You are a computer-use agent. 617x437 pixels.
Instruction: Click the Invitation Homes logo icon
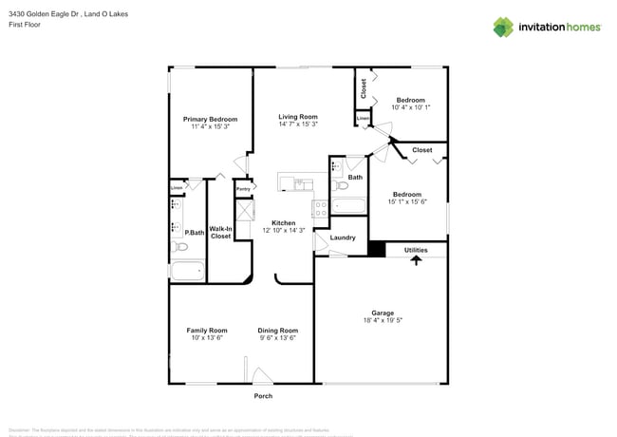click(503, 27)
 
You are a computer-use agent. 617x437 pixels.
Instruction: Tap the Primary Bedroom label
click(210, 119)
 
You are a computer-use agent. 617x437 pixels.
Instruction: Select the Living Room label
click(298, 116)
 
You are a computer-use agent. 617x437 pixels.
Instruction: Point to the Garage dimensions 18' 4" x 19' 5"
click(383, 320)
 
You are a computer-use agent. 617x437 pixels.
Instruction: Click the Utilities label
click(416, 250)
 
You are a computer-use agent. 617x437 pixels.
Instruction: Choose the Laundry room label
click(343, 237)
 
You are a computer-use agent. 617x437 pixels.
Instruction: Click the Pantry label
click(243, 189)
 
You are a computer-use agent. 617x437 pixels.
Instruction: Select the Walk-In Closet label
click(220, 232)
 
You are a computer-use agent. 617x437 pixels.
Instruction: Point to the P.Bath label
click(196, 232)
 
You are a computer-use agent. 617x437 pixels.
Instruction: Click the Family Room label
click(207, 330)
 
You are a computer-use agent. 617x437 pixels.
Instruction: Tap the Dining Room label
click(278, 330)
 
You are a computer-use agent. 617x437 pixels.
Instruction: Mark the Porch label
click(263, 396)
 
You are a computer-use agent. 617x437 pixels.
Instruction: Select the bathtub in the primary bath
click(187, 271)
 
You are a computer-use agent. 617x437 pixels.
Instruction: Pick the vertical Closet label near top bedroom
click(364, 88)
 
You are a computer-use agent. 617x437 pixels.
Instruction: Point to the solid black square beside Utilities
click(376, 250)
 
